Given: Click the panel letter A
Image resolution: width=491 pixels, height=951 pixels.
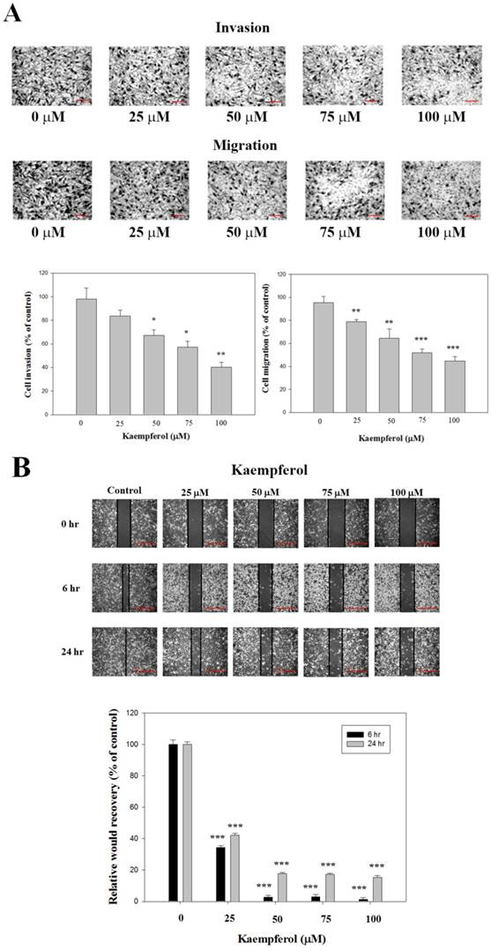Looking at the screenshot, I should click(x=14, y=14).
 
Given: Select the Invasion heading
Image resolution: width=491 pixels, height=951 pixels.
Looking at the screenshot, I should click(x=242, y=27).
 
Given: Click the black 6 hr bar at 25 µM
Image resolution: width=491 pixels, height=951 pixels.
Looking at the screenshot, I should click(x=219, y=873).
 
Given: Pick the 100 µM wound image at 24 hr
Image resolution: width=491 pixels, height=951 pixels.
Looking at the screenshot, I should click(x=407, y=651).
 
